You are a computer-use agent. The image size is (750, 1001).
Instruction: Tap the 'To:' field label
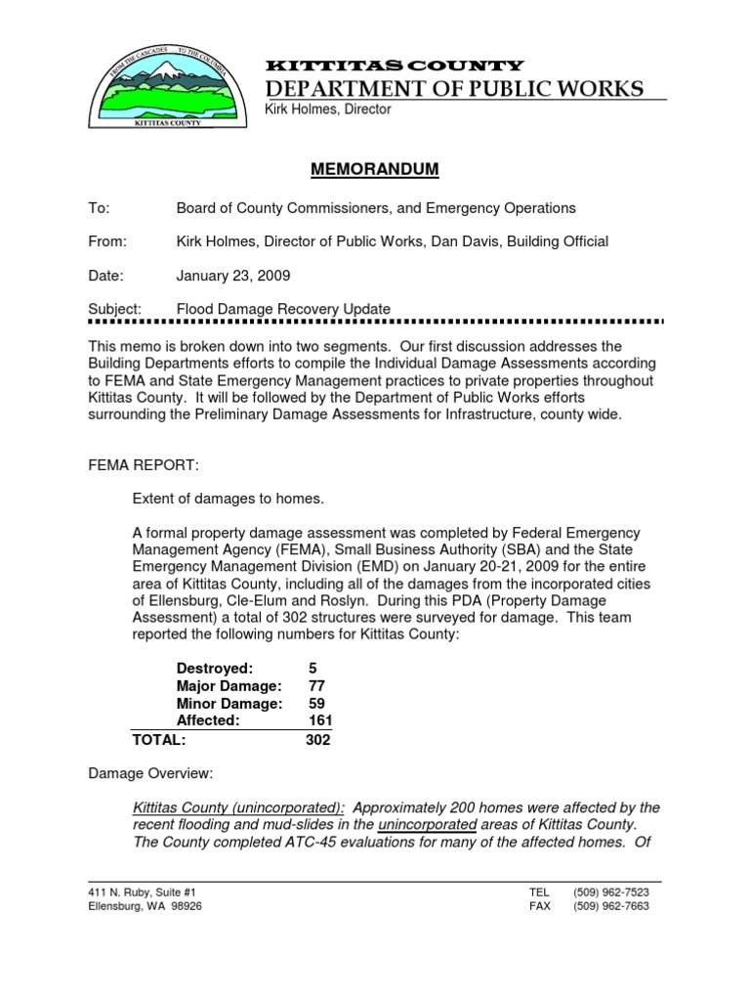100,208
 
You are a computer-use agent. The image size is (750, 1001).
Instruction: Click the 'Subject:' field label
115,309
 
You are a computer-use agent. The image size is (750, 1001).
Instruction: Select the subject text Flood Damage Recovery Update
283,309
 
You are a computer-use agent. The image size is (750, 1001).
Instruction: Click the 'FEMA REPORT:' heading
144,465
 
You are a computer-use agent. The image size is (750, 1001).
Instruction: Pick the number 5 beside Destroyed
312,668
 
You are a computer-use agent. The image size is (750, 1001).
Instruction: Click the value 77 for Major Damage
316,685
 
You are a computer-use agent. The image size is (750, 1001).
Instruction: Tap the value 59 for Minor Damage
316,703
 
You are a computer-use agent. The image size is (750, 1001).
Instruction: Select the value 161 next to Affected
320,720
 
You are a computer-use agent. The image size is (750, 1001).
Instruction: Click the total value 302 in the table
317,740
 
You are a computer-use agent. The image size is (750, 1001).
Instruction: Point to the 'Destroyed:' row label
214,668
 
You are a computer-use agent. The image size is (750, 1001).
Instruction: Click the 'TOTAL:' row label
159,740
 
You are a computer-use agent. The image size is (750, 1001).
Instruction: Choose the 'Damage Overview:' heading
150,773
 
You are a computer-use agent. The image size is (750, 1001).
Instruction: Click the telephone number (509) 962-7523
612,892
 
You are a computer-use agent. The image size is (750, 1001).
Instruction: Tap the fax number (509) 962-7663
612,906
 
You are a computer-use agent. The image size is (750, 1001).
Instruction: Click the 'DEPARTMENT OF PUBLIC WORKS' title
454,90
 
